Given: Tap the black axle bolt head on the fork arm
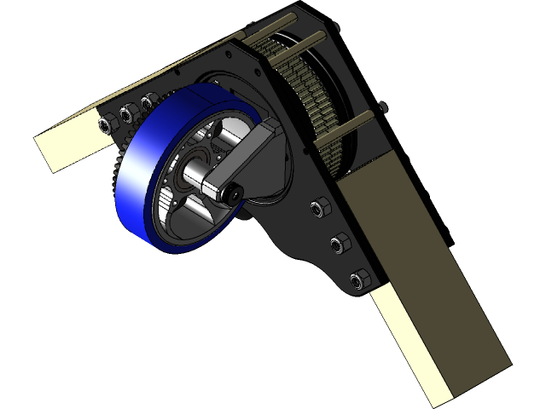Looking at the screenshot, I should [231, 195].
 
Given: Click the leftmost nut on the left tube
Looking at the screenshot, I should [106, 125].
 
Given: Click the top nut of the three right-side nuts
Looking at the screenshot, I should [322, 207].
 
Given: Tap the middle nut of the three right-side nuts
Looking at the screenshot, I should [340, 245].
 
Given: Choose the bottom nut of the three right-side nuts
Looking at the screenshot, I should [360, 279].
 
